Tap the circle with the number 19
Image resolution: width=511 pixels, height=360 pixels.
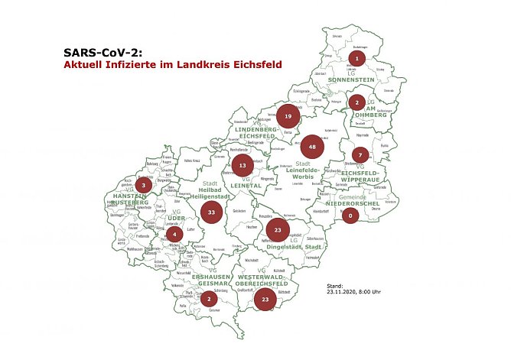click(x=287, y=117)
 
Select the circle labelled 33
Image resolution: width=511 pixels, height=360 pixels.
click(x=212, y=211)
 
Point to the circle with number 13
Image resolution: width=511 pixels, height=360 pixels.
click(x=242, y=164)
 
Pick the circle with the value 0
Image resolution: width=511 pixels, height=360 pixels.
click(x=350, y=216)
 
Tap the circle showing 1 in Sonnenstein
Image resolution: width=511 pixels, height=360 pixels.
click(x=356, y=58)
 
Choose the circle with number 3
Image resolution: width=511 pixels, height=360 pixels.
click(x=142, y=184)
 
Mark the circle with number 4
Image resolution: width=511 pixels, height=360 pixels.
click(x=174, y=234)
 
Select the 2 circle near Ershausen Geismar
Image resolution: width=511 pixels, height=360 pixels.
click(x=207, y=299)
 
